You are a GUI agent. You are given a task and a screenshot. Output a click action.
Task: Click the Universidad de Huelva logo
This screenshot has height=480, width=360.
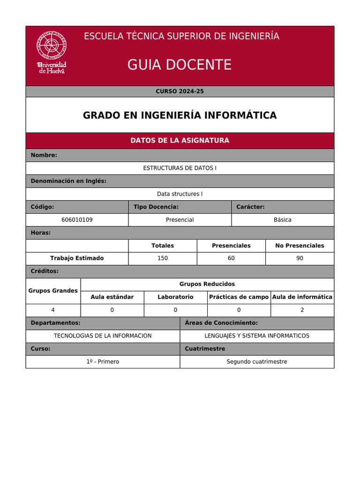pos(52,52)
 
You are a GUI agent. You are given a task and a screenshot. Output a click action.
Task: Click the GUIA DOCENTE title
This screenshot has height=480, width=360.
pos(180,65)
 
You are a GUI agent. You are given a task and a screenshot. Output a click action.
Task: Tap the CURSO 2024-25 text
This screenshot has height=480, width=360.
pos(180,91)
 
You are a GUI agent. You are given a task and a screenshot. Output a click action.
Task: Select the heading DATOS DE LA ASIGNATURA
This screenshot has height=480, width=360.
pos(180,141)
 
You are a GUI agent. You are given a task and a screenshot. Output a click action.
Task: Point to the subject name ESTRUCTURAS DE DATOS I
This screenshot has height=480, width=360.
pos(180,168)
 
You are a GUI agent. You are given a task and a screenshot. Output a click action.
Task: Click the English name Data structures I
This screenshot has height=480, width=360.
pos(180,194)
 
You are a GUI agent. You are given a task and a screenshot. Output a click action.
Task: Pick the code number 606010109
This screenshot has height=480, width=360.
pos(77,220)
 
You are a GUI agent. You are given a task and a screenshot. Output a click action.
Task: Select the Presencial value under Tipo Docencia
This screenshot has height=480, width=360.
pos(180,220)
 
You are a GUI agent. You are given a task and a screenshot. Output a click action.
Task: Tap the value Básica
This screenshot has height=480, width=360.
pos(283,220)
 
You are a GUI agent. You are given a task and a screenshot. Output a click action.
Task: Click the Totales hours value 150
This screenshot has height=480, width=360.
pos(163,258)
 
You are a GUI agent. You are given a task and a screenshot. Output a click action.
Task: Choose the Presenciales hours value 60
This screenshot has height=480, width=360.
pos(231,258)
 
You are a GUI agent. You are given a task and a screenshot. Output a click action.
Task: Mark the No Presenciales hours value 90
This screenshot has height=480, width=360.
pos(300,258)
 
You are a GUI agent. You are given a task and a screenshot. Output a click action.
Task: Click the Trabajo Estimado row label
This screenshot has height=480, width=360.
pos(77,258)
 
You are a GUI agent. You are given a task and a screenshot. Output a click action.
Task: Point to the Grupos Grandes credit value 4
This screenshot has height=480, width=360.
pos(53,310)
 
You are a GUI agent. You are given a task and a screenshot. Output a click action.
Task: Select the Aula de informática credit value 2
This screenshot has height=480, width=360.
pos(302,310)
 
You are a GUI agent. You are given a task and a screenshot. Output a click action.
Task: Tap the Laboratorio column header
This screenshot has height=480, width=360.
pos(175,297)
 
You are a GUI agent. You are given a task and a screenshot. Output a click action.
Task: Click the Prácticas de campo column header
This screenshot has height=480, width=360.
pos(239,297)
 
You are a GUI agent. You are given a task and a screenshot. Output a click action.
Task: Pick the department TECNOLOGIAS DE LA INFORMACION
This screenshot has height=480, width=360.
pos(103,336)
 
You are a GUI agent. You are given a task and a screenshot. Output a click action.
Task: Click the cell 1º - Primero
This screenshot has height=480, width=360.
pos(103,361)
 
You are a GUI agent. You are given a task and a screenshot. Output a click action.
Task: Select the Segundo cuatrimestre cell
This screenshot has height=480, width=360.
pos(257,361)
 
